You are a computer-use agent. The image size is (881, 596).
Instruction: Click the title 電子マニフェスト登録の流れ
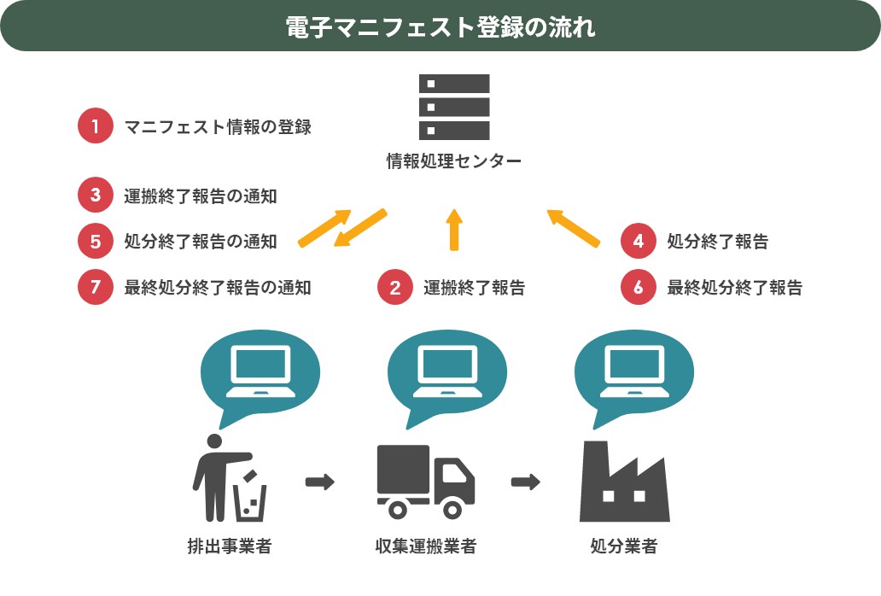point(440,26)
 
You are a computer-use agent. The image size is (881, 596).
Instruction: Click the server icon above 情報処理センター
point(454,107)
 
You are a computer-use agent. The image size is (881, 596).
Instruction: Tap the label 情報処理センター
point(453,161)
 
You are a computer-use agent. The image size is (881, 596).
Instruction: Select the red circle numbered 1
point(95,127)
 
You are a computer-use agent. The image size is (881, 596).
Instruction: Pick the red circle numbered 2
point(395,288)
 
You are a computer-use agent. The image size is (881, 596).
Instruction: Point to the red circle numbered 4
point(639,242)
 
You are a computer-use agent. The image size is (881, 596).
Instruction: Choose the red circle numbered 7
point(95,288)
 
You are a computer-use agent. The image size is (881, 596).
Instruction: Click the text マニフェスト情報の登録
point(218,128)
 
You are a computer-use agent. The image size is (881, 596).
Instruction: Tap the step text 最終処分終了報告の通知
point(218,288)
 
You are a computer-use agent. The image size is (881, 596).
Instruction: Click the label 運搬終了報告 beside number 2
point(475,288)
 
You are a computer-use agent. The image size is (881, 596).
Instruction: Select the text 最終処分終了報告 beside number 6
point(734,288)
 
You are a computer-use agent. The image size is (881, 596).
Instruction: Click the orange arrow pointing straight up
point(454,230)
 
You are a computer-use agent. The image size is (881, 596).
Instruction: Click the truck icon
point(425,482)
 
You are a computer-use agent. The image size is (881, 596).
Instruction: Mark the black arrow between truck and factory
point(525,482)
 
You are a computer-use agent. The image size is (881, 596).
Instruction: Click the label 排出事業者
point(230,546)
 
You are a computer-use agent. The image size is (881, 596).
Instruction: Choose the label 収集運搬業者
point(425,546)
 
